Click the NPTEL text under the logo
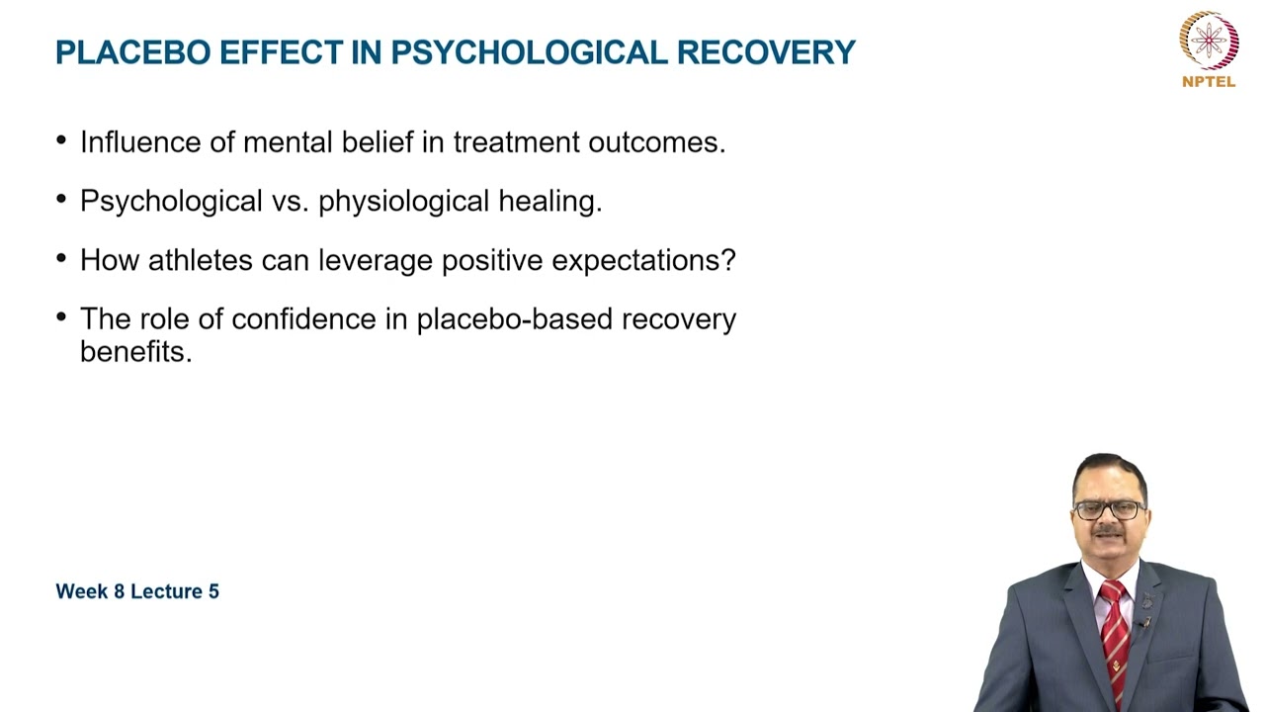point(1209,82)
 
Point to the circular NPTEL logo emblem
point(1209,40)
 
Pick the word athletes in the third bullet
point(201,261)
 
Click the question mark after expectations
point(728,261)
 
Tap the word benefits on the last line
point(135,352)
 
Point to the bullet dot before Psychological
point(62,200)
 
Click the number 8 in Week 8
point(120,591)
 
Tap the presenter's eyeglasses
point(1109,510)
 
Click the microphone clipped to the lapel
point(1145,622)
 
